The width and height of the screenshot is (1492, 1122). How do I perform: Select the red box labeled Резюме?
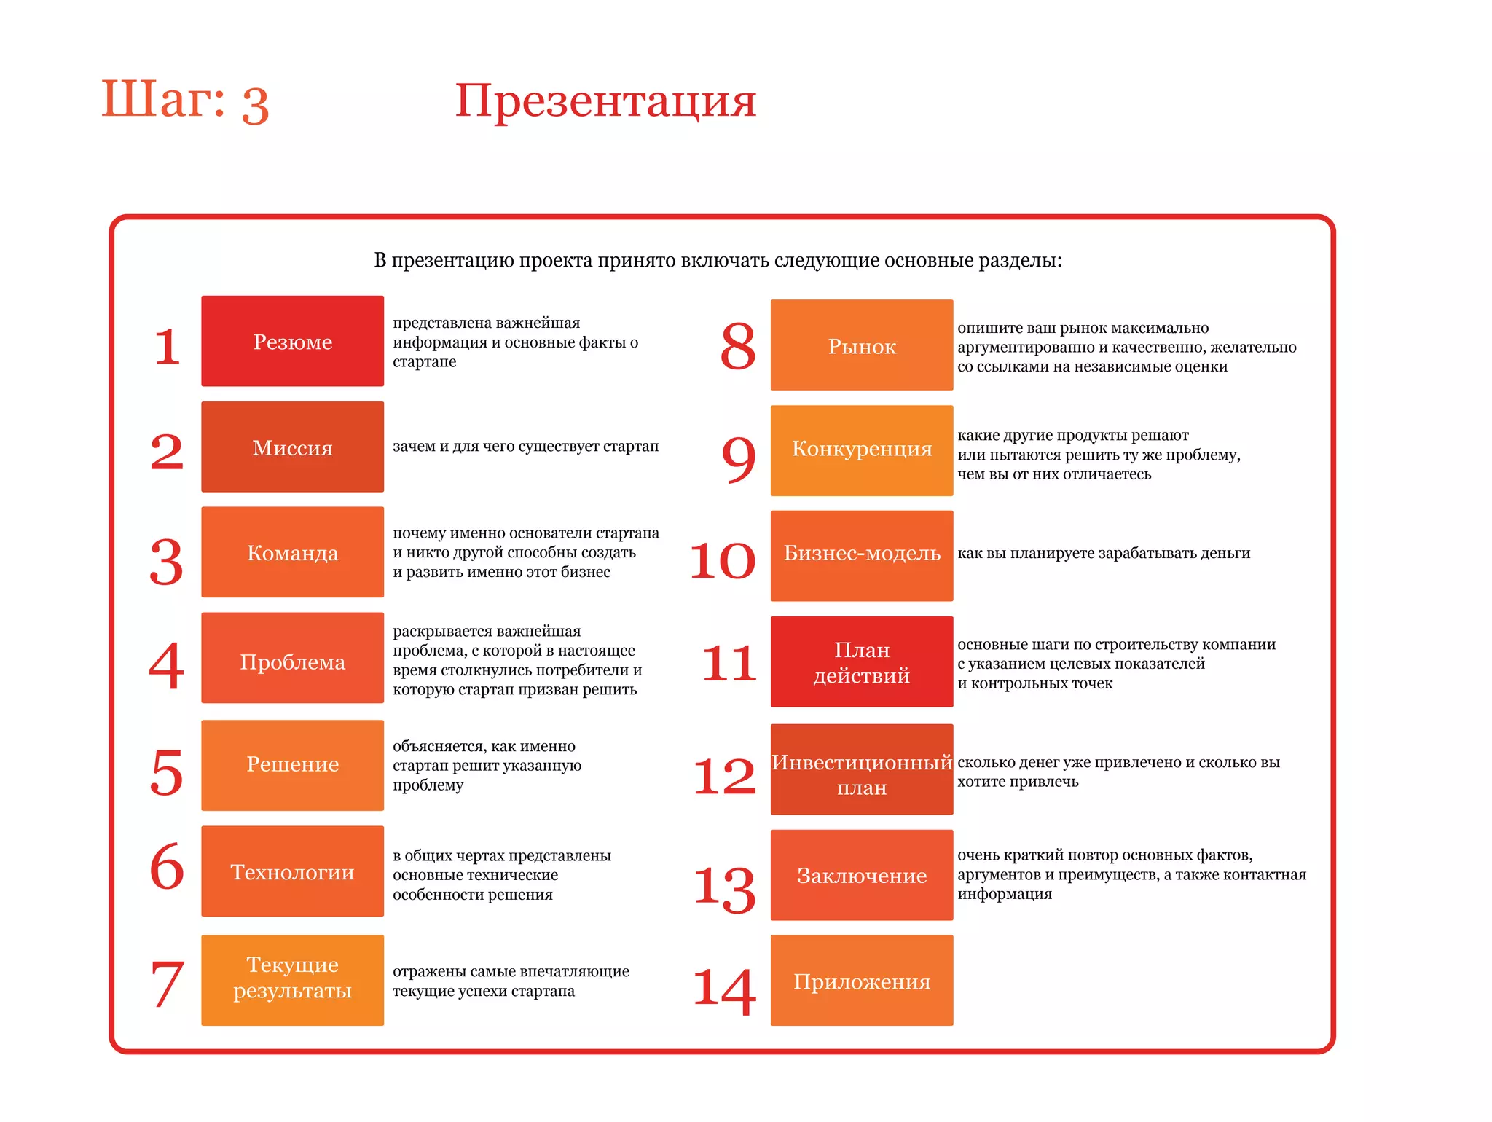[292, 341]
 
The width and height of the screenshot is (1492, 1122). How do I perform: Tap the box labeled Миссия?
[292, 447]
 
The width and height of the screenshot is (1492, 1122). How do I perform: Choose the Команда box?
[292, 552]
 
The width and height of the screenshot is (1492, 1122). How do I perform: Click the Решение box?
[292, 765]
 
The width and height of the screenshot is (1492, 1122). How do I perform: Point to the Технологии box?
[292, 871]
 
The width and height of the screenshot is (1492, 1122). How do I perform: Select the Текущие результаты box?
[292, 980]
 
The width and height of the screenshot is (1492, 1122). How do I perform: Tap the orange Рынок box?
[862, 345]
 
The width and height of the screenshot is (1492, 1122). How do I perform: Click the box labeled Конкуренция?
[862, 450]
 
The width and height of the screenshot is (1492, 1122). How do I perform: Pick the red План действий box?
[862, 662]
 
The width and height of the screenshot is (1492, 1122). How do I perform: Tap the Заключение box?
[862, 875]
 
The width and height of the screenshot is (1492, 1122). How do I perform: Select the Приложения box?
[862, 981]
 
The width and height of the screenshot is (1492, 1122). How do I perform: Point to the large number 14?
[724, 991]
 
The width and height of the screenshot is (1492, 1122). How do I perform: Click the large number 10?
[723, 561]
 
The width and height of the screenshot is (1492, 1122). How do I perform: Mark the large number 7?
[167, 984]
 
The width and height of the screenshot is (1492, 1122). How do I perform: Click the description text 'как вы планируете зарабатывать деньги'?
[1104, 553]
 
